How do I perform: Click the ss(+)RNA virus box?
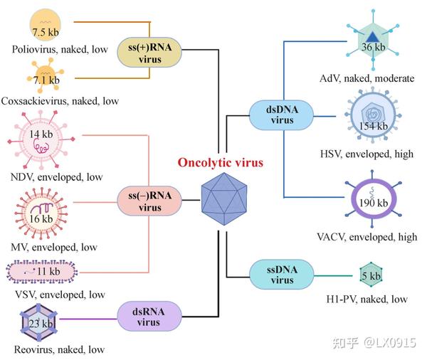pos(150,55)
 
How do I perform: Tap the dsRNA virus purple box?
pos(149,317)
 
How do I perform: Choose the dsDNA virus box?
pos(281,115)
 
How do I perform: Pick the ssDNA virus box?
pos(281,275)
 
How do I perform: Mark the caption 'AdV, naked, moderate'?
pos(367,78)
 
